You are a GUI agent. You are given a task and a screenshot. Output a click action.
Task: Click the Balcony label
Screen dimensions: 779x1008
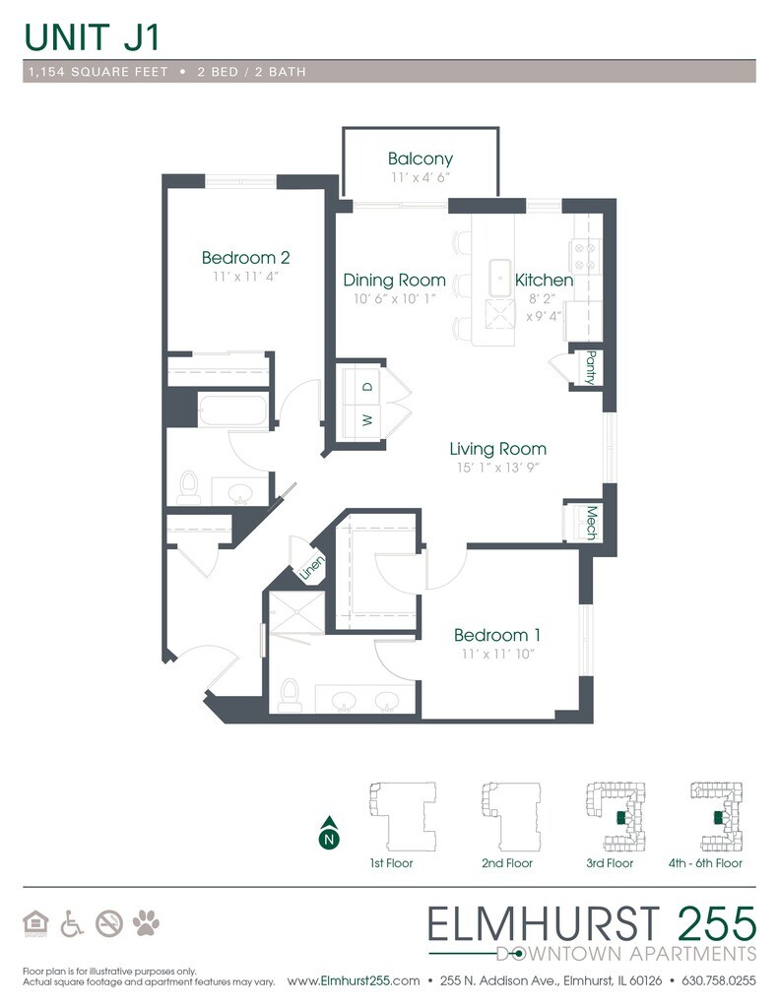421,158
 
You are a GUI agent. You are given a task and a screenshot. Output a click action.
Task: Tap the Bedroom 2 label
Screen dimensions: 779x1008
246,258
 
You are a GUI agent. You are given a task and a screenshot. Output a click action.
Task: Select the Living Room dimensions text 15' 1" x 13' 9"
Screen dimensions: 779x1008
497,468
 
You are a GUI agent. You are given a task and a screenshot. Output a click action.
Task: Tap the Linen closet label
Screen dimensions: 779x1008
312,568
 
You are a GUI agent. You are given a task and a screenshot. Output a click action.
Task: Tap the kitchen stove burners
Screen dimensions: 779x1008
585,256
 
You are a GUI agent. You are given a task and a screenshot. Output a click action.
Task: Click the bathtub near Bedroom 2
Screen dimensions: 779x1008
232,410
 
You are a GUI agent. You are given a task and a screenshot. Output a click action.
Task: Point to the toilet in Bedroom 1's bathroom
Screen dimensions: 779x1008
291,695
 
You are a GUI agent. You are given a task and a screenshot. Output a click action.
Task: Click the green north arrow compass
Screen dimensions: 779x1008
329,833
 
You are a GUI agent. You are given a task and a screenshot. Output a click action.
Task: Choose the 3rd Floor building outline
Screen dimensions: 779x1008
615,816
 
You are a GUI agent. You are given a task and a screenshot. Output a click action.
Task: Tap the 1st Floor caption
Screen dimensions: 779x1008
391,862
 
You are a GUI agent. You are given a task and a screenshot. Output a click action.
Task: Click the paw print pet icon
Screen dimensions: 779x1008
146,923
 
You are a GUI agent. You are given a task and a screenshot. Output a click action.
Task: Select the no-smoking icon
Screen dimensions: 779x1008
109,923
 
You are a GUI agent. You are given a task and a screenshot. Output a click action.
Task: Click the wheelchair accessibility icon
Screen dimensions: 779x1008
72,923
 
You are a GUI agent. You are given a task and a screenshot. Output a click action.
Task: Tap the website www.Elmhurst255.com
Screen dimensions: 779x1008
354,981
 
